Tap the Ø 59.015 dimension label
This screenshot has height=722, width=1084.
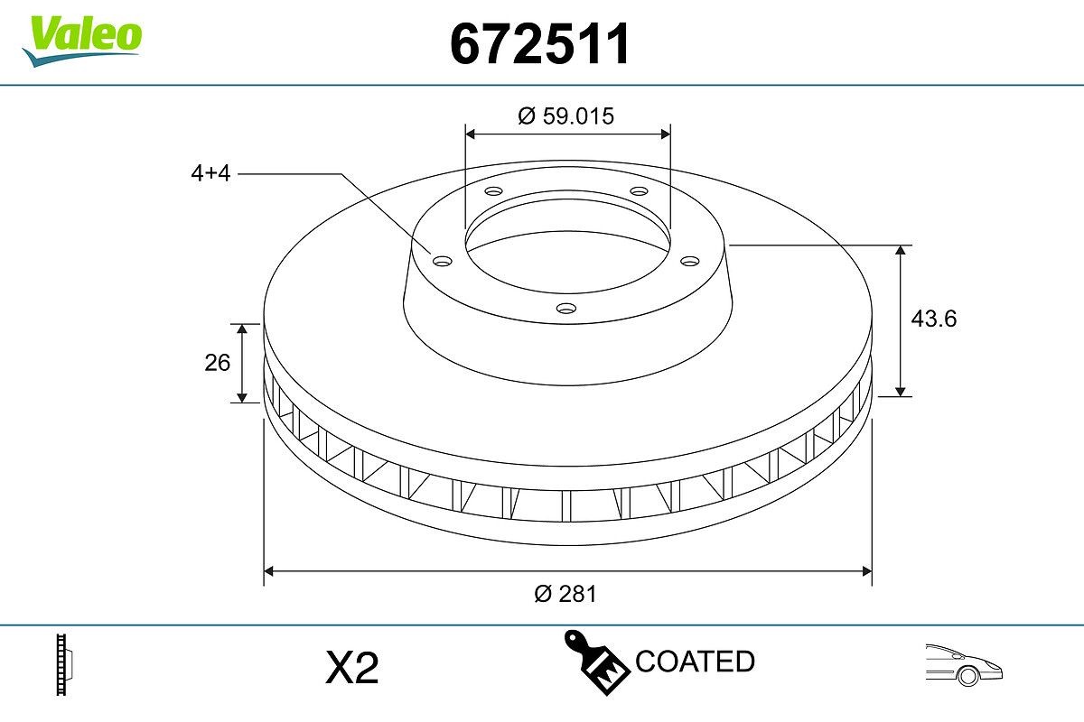pos(566,116)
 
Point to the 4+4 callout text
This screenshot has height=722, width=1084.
pos(210,174)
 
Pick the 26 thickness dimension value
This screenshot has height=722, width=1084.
pos(218,363)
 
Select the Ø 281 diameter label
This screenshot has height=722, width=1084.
pos(565,594)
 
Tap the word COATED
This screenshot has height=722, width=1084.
pos(695,662)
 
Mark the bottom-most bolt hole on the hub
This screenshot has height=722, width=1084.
pos(566,309)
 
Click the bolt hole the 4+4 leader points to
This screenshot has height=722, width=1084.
pos(442,261)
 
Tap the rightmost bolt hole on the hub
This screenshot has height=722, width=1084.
pos(690,261)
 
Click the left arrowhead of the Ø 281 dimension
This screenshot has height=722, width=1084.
pos(269,570)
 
